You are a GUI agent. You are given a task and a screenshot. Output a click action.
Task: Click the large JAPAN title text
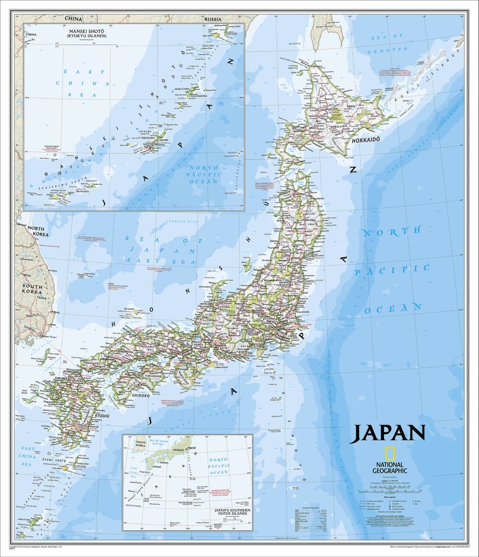(x=388, y=433)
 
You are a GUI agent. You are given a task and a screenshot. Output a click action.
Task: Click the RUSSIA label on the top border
(x=213, y=19)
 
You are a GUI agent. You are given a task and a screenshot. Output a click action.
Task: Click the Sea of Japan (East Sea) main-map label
(x=161, y=250)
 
